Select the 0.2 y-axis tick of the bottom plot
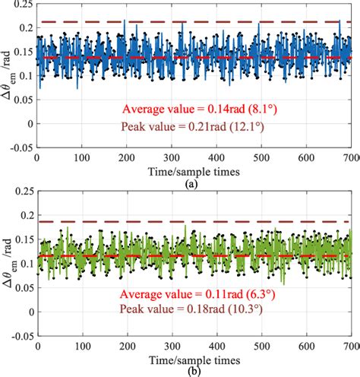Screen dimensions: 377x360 24,220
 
